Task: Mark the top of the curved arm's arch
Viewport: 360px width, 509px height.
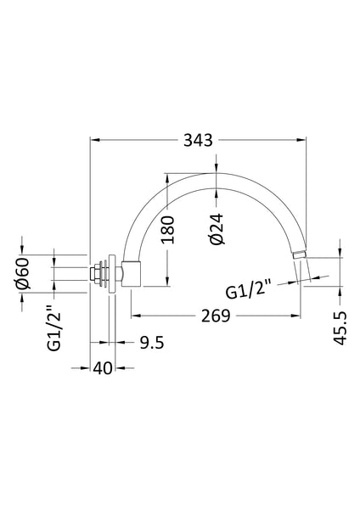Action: click(218, 174)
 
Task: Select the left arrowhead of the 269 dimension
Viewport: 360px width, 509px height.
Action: click(135, 316)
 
